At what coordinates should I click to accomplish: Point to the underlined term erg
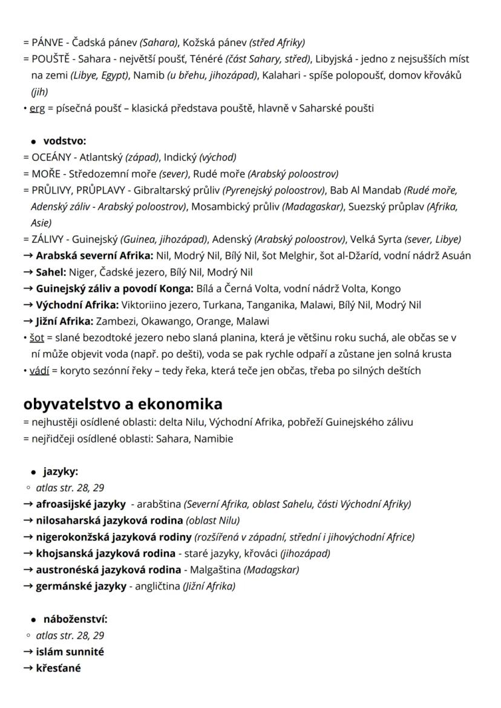[x=36, y=108]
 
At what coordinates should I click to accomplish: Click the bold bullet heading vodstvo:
[x=65, y=141]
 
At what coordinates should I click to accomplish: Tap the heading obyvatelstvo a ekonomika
[x=123, y=404]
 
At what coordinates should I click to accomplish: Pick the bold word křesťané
[x=58, y=668]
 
